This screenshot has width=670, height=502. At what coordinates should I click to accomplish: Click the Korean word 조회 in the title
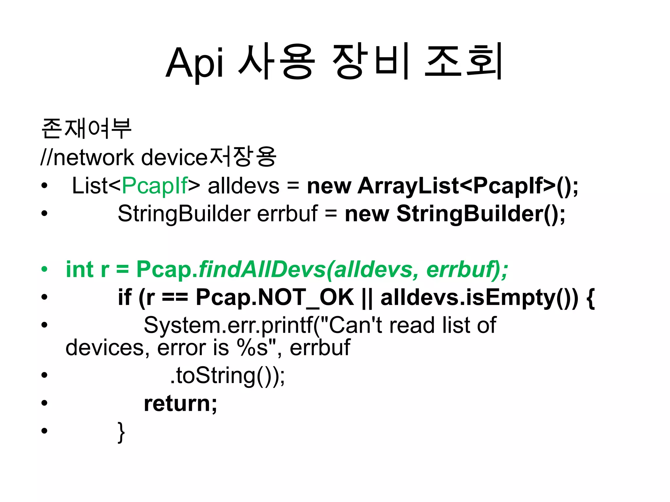coord(463,62)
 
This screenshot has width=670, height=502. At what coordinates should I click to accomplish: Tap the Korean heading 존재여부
coord(87,128)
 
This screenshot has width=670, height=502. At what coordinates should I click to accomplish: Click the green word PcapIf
coord(155,186)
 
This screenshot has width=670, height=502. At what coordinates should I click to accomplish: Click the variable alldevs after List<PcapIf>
coord(243,186)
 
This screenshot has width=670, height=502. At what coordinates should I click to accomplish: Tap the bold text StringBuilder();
coord(481,214)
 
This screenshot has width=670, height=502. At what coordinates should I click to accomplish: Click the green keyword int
coord(80,269)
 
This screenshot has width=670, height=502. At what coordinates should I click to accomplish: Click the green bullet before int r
coord(44,270)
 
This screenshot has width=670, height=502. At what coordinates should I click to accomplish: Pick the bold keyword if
coord(124,297)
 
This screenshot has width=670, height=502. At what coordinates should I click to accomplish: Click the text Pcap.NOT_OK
coord(275,297)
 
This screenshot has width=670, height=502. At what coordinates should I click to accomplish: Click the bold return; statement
coord(180,404)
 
